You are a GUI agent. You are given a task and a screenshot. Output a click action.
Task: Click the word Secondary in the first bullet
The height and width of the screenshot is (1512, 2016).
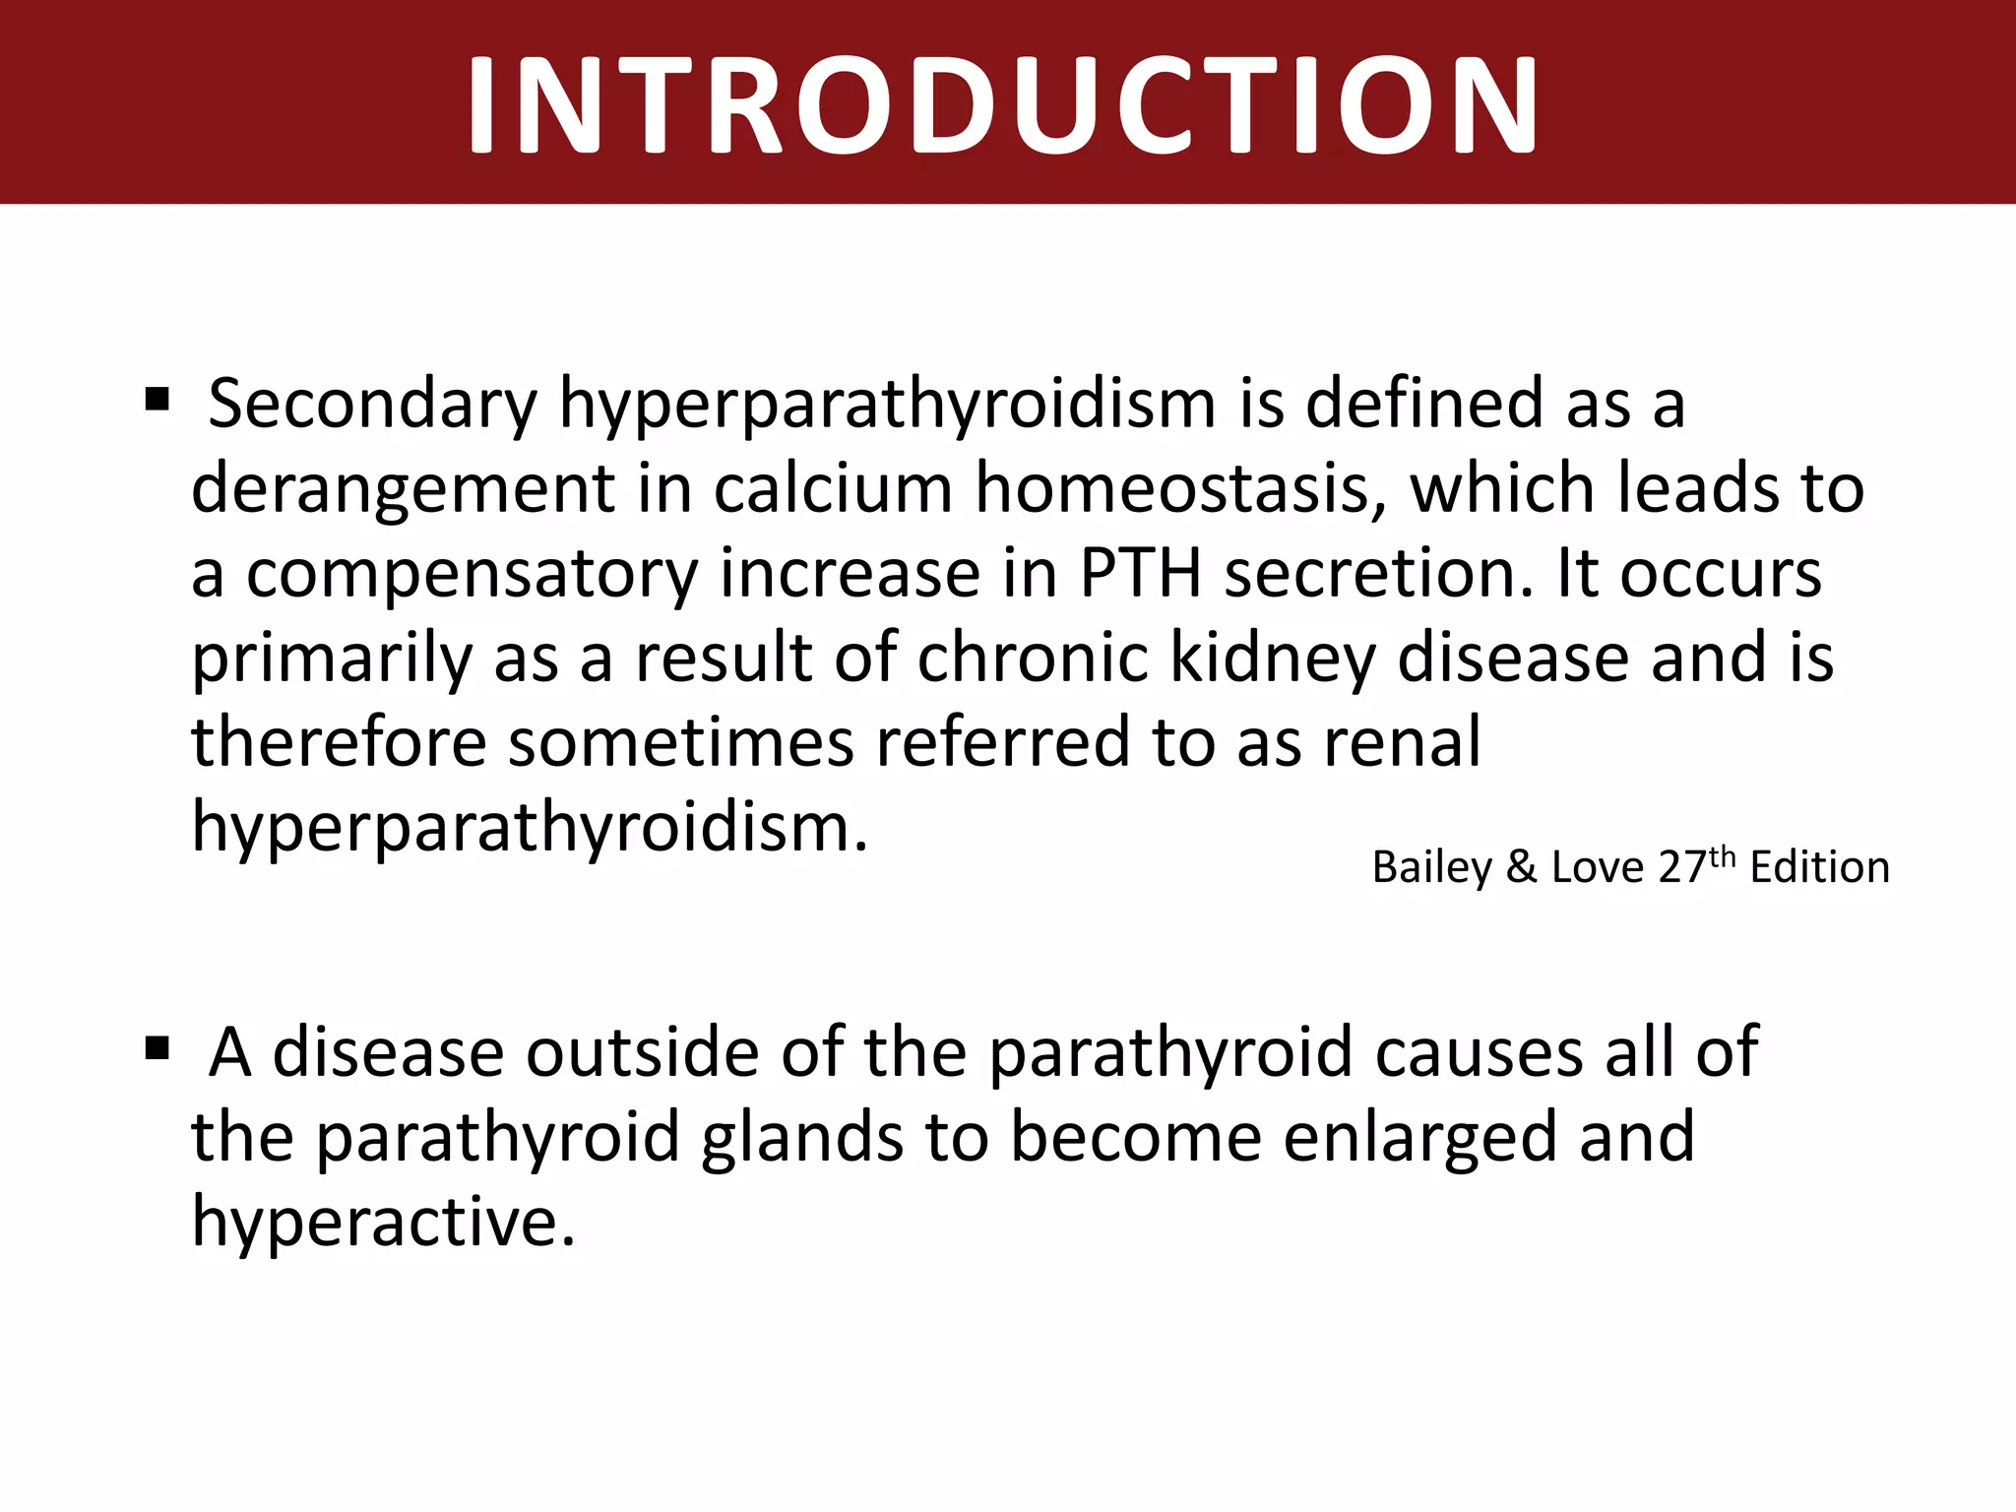(373, 404)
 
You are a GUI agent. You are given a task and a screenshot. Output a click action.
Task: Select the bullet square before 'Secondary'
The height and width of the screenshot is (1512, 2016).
(157, 401)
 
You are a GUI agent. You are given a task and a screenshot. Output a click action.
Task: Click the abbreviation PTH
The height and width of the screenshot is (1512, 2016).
(1140, 573)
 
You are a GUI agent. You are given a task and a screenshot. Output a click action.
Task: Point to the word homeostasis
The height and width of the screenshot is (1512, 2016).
(1179, 488)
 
